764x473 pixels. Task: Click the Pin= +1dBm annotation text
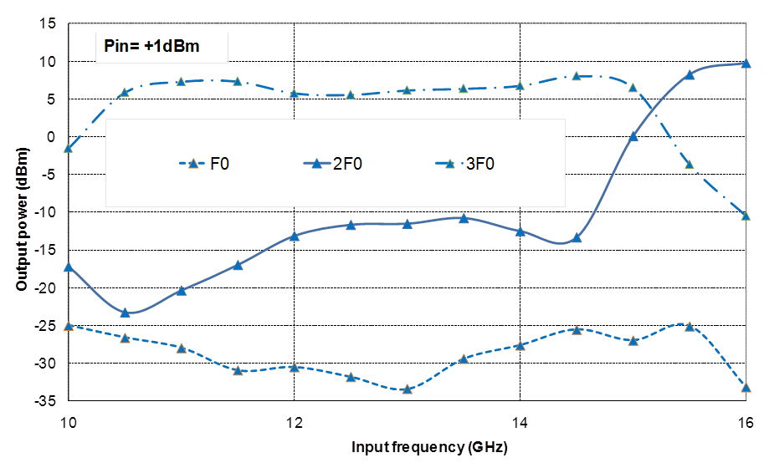click(x=151, y=47)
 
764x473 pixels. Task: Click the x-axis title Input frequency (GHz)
click(x=429, y=447)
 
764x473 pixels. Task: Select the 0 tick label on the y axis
click(x=51, y=137)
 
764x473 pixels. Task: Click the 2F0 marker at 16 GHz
click(x=746, y=64)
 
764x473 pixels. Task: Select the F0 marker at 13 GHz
click(x=407, y=389)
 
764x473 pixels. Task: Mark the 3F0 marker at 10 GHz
click(x=69, y=148)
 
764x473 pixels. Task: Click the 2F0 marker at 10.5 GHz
click(x=125, y=313)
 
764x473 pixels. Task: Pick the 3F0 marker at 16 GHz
click(x=746, y=216)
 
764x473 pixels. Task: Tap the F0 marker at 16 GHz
click(x=746, y=388)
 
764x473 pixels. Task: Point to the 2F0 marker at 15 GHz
click(x=633, y=135)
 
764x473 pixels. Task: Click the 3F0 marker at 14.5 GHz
click(x=577, y=75)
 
